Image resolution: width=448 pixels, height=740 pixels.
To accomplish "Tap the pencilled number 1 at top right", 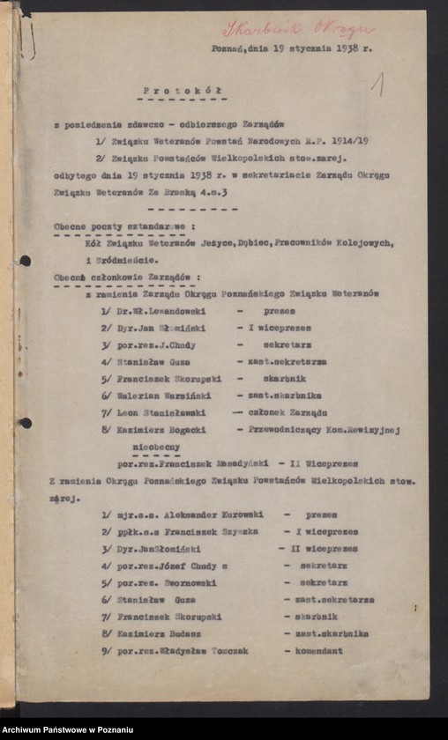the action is tap(377, 85).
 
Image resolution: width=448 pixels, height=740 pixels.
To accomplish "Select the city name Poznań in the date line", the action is tap(226, 49).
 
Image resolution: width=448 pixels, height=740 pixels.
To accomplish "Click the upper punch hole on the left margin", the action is tap(25, 261).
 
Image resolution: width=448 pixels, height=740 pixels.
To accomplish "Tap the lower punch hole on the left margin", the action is tap(25, 423).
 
